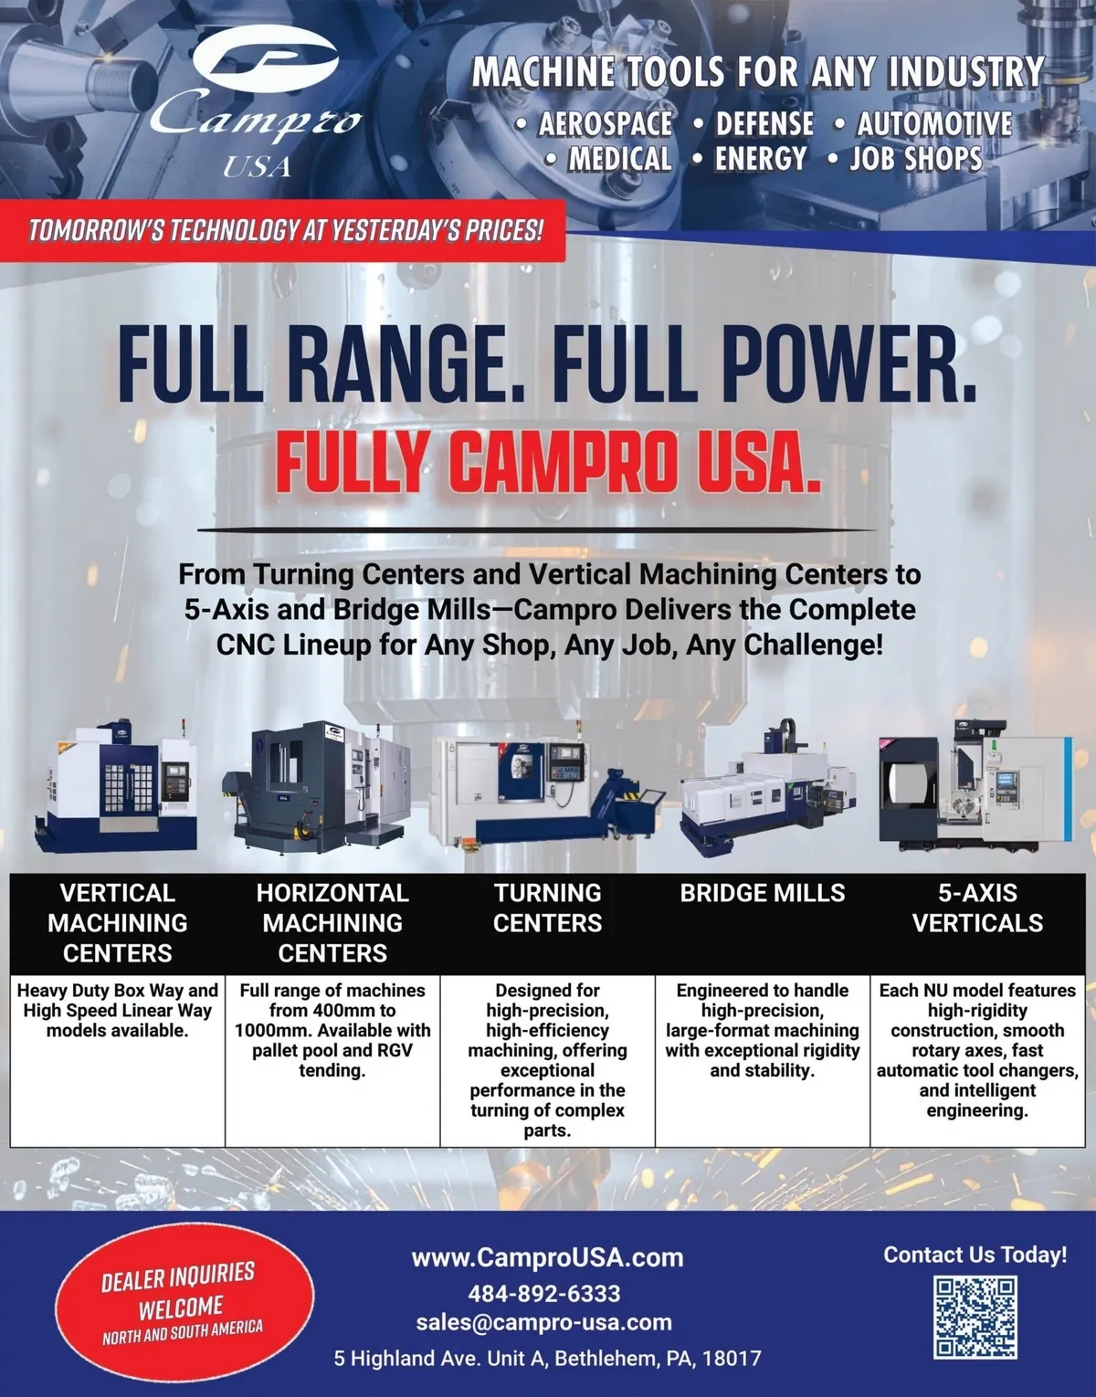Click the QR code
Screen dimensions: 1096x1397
(x=975, y=1317)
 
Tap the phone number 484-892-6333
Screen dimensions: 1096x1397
(x=544, y=1293)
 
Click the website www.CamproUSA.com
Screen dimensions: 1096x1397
(x=548, y=1257)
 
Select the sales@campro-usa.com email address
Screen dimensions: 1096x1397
(x=543, y=1322)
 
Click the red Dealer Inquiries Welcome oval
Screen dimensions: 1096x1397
(x=184, y=1302)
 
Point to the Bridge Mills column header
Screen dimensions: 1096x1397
(x=763, y=893)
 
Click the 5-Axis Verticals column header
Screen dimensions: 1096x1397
(x=977, y=908)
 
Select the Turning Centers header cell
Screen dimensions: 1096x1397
(x=548, y=923)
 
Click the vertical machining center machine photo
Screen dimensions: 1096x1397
(x=117, y=788)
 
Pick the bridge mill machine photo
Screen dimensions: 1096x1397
(x=768, y=789)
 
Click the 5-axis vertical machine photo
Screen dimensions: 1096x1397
(x=975, y=784)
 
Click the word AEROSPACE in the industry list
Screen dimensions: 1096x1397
(x=605, y=124)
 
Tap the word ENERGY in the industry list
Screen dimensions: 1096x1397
(x=761, y=159)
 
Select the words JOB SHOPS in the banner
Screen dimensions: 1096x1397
(x=915, y=159)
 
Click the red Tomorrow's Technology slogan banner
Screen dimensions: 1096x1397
(x=283, y=231)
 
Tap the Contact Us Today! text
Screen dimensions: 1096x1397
(x=975, y=1255)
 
